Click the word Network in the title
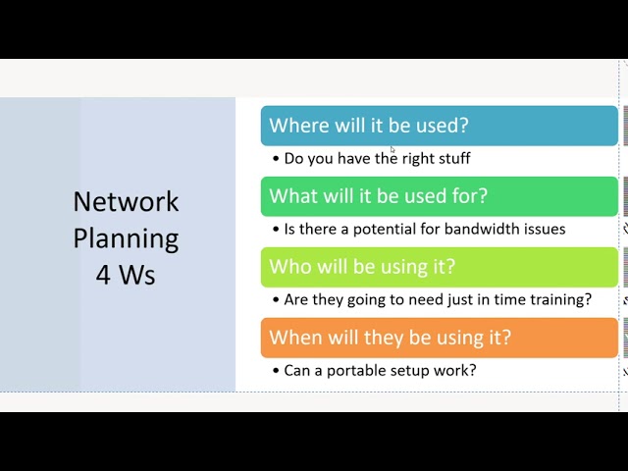point(126,202)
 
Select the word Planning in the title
point(126,238)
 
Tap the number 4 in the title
point(103,275)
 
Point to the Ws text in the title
point(137,275)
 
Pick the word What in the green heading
point(292,196)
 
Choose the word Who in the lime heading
point(289,267)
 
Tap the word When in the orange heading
point(295,338)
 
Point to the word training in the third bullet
point(560,299)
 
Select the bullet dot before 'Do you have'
point(276,159)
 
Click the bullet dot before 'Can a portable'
point(276,371)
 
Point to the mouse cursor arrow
point(392,150)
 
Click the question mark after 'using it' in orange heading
point(505,338)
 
